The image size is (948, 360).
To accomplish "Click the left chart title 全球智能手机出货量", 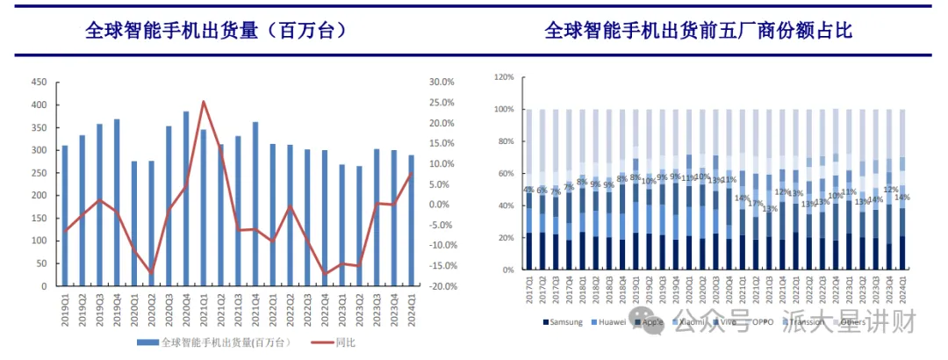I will (x=215, y=30).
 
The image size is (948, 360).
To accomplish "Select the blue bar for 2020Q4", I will (x=186, y=198).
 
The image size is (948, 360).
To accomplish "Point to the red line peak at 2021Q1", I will (x=204, y=102).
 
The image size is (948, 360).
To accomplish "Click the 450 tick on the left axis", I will (x=39, y=82).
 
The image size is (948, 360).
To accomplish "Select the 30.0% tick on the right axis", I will (x=442, y=82).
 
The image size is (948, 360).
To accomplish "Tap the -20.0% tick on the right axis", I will (x=442, y=286).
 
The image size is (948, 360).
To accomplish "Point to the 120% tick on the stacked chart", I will (x=504, y=77).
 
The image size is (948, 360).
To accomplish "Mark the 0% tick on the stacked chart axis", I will (x=507, y=270).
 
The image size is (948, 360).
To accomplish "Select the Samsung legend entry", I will (x=562, y=322).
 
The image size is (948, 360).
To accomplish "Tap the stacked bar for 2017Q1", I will (x=528, y=190).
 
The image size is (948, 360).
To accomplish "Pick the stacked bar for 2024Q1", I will (x=901, y=190).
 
